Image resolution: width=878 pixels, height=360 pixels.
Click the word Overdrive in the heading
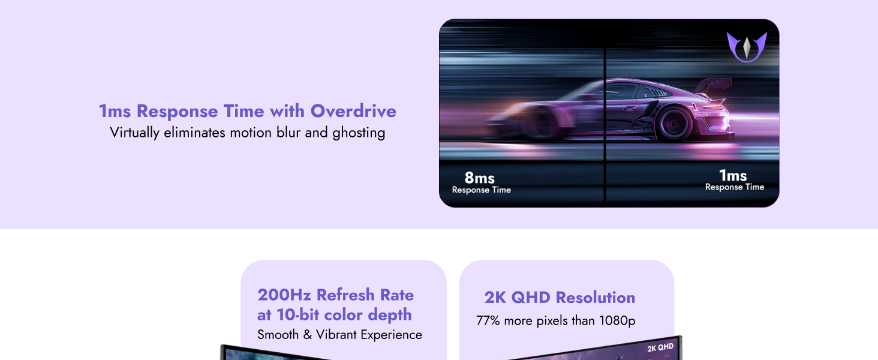[x=353, y=111]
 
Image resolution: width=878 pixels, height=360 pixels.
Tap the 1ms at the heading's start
[x=115, y=111]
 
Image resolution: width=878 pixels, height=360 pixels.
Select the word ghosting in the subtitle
[x=359, y=133]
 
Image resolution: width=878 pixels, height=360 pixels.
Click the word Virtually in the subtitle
[x=134, y=133]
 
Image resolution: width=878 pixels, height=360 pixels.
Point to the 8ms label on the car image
[x=479, y=178]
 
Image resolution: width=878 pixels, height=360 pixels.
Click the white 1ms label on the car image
[x=733, y=175]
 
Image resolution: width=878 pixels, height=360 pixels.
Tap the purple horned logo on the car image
[x=747, y=47]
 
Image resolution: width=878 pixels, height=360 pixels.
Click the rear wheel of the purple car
[x=674, y=124]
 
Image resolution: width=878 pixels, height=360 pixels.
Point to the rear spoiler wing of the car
[x=714, y=85]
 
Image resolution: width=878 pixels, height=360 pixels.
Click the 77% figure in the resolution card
[x=488, y=321]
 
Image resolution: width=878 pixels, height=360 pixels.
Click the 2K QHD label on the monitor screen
[x=660, y=347]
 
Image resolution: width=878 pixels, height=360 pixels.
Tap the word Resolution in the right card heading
[x=595, y=298]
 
